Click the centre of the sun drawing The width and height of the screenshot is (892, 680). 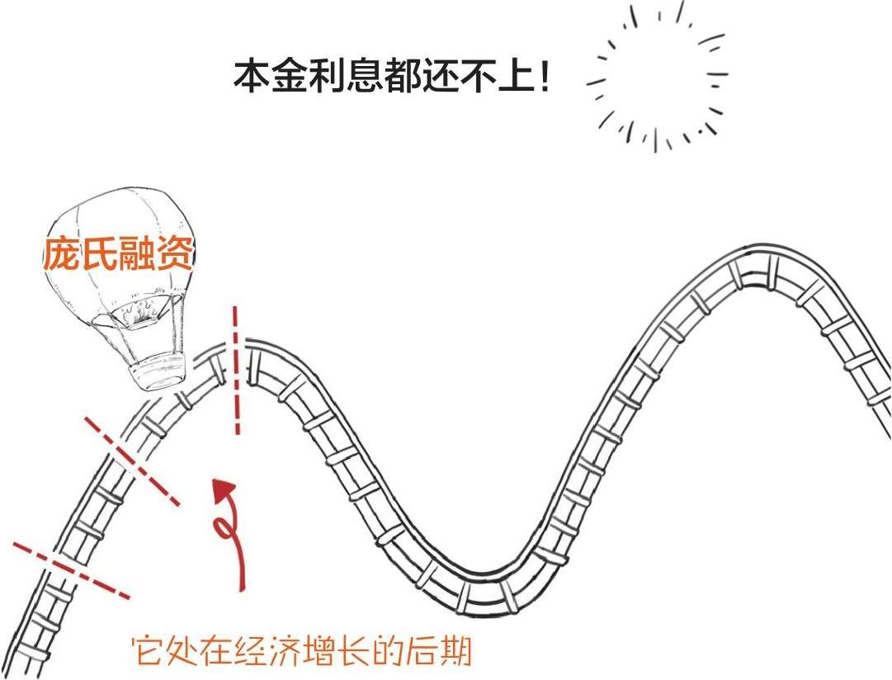(x=658, y=77)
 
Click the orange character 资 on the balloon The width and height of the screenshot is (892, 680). (x=175, y=254)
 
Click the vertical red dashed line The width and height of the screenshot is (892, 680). (x=235, y=370)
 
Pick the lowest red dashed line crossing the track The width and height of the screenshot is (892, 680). (x=71, y=570)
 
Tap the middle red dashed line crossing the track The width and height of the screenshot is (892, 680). (x=132, y=461)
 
